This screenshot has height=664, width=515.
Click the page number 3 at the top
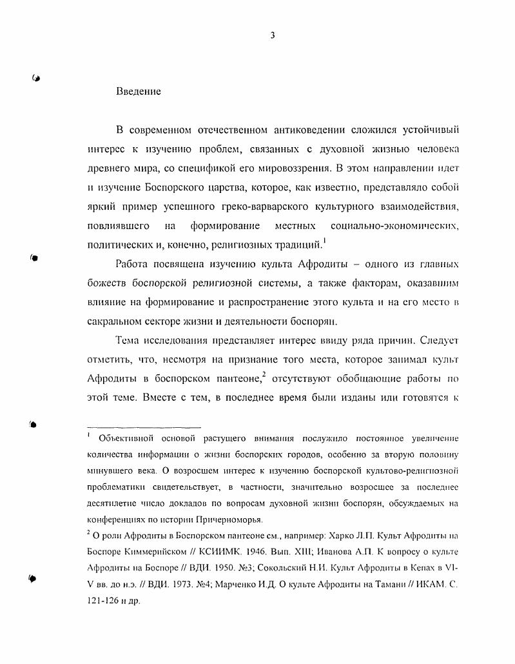coord(273,35)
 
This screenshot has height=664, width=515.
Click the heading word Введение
coord(139,92)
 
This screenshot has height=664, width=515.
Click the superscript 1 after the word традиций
coord(324,241)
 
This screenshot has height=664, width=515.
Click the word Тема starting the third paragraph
coord(129,339)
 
